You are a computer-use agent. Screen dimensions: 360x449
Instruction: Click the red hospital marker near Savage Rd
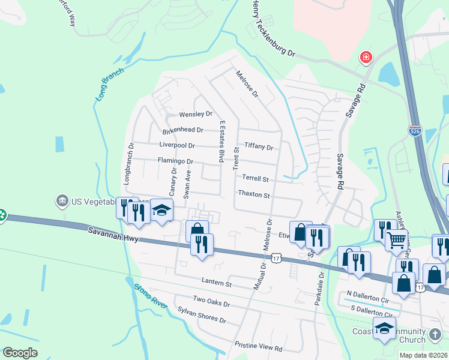click(x=365, y=58)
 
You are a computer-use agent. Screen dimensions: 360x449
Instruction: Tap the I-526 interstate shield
click(x=415, y=131)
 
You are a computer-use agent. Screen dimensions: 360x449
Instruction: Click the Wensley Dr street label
click(x=196, y=114)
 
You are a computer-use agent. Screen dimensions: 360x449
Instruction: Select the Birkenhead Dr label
click(x=183, y=130)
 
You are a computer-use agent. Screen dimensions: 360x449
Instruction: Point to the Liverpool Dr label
click(x=177, y=145)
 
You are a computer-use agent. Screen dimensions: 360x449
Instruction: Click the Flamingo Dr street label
click(x=175, y=161)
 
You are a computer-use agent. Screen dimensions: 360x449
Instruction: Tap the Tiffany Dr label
click(x=259, y=147)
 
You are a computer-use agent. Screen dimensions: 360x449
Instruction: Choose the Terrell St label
click(x=255, y=178)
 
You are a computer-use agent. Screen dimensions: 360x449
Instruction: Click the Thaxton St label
click(x=254, y=194)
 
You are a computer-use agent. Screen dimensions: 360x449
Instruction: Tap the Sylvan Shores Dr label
click(x=202, y=315)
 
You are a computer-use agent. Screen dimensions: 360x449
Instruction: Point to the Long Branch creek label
click(x=109, y=84)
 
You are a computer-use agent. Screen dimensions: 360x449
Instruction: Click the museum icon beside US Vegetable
click(x=61, y=200)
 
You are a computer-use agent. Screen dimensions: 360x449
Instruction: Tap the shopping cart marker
click(x=396, y=241)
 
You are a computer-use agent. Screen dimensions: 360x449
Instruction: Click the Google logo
click(x=20, y=353)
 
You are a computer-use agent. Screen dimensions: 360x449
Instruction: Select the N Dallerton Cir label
click(x=368, y=298)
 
